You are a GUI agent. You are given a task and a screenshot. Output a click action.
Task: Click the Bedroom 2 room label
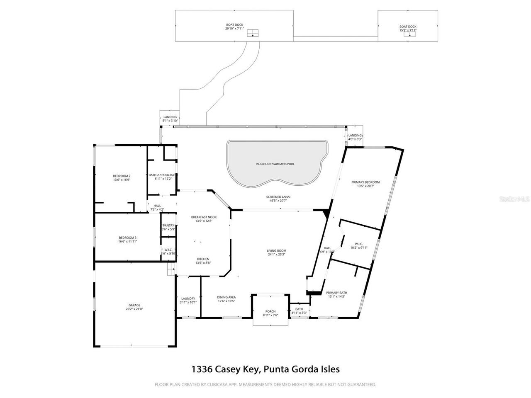point(122,176)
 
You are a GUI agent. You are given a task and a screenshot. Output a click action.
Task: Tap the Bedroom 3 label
point(127,238)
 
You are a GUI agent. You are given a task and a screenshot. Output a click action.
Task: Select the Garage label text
point(134,305)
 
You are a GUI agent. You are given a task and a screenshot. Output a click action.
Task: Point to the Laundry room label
point(188,298)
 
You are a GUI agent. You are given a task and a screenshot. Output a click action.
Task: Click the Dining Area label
point(226,297)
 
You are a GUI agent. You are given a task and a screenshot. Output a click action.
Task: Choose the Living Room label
point(276,251)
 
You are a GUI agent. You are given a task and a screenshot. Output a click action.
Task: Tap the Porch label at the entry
point(270,311)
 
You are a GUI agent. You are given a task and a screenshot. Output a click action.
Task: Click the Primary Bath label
point(337,293)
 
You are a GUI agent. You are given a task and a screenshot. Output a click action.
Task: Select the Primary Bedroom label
point(365,182)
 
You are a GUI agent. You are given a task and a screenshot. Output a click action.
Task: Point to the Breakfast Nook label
point(204,217)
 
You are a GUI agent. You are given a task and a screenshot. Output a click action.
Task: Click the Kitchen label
point(203,259)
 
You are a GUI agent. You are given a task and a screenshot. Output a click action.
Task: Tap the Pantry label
point(168,226)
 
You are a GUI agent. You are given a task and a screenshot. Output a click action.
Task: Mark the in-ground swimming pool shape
point(275,164)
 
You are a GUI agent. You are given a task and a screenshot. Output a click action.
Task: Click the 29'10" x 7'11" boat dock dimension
point(234,29)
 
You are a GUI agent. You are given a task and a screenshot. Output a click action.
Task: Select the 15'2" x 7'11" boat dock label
point(408,30)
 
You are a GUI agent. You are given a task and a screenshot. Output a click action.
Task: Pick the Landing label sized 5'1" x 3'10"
point(170,117)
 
